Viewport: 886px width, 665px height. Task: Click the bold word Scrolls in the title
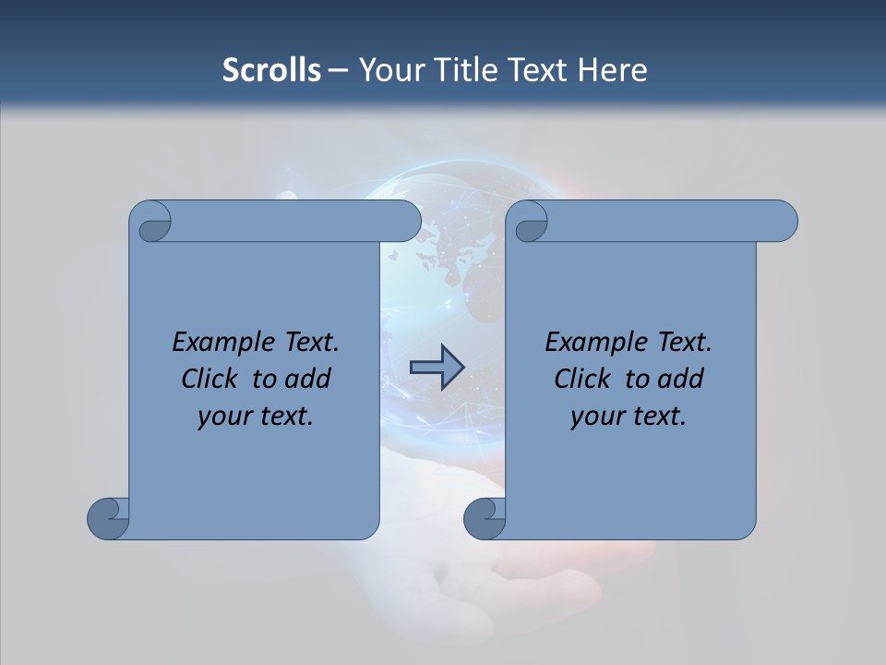click(x=271, y=69)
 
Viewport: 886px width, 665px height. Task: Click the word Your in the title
click(x=389, y=69)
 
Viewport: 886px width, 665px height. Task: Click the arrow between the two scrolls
click(x=437, y=368)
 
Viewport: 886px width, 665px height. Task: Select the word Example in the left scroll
click(x=214, y=343)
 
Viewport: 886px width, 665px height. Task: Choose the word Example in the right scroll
click(x=587, y=343)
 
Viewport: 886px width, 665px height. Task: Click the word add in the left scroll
click(x=309, y=379)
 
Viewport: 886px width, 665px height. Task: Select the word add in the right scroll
click(x=682, y=379)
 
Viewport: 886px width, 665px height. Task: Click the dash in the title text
click(x=338, y=70)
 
